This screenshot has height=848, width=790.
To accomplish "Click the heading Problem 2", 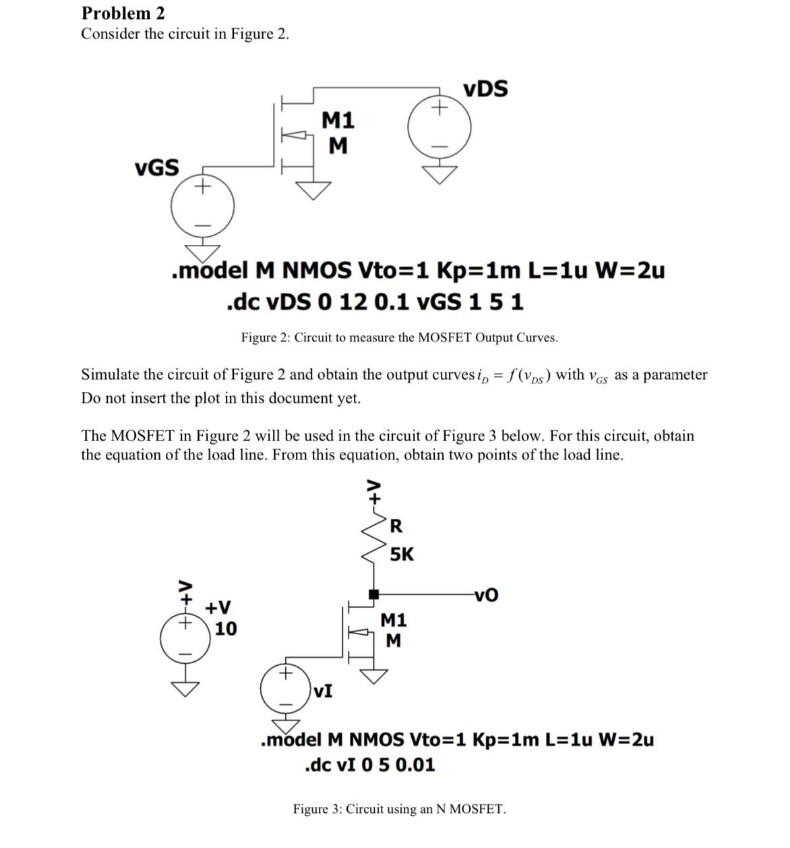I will coord(123,13).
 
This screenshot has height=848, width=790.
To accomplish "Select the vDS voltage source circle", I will coord(439,126).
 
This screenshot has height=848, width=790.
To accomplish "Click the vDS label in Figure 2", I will coord(485,89).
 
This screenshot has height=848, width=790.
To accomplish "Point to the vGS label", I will coord(157,167).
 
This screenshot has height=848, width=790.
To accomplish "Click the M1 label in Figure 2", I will coord(338,121).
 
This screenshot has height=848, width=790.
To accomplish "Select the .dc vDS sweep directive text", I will coord(375,302).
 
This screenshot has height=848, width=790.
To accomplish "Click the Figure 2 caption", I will coord(399,337).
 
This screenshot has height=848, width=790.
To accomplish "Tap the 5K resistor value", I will coord(402,555).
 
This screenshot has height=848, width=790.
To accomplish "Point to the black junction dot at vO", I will coord(373,594).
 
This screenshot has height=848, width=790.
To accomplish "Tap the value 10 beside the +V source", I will coord(226,629).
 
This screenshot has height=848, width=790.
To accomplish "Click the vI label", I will coord(323,691).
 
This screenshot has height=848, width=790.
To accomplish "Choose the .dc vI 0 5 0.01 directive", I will coord(370,765).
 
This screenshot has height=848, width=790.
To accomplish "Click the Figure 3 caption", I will coord(399,809).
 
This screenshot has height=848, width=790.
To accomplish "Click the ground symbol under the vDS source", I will coord(439,174).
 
